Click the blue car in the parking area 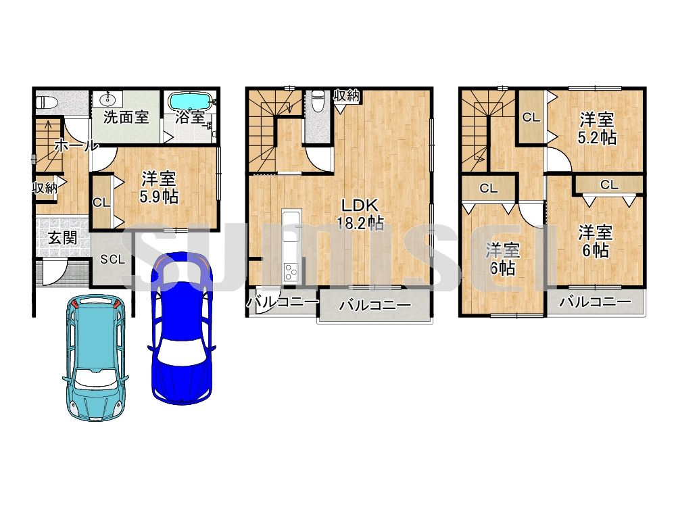(x=181, y=329)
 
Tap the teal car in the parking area (x=96, y=358)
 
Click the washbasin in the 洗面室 (x=107, y=99)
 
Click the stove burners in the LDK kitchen (x=291, y=272)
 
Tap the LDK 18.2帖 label (x=360, y=214)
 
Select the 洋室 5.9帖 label (x=159, y=187)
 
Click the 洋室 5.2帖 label (x=597, y=128)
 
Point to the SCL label (x=112, y=259)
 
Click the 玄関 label (x=62, y=237)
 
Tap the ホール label (x=76, y=145)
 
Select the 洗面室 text (x=126, y=117)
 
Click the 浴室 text (x=190, y=117)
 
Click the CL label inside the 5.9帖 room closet (x=102, y=202)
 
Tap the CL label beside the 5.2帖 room (x=531, y=117)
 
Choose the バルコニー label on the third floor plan (x=595, y=301)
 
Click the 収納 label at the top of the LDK (x=347, y=95)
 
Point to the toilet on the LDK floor (x=318, y=100)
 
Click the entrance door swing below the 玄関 (x=55, y=272)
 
